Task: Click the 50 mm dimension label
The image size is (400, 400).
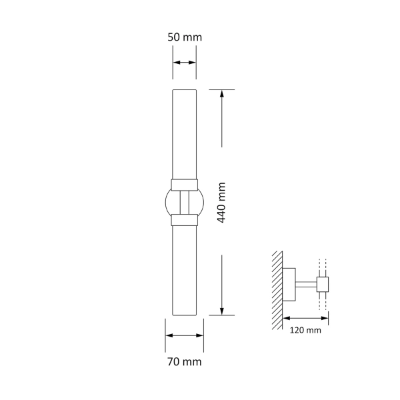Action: (184, 37)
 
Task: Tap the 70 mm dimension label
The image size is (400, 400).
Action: (184, 362)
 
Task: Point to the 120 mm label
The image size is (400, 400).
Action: (305, 330)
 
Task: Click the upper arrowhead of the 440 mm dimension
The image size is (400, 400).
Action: (223, 94)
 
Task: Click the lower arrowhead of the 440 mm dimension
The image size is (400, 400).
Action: (223, 311)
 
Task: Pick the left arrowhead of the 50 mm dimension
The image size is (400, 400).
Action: (176, 63)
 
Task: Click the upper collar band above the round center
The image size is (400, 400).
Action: (184, 184)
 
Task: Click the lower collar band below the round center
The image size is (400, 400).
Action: (184, 219)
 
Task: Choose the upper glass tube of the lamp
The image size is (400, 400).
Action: (184, 133)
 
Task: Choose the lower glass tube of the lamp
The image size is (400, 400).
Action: (184, 270)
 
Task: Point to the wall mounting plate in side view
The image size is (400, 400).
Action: (290, 285)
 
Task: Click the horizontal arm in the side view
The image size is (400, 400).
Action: (307, 285)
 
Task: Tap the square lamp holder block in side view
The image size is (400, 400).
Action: (323, 285)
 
